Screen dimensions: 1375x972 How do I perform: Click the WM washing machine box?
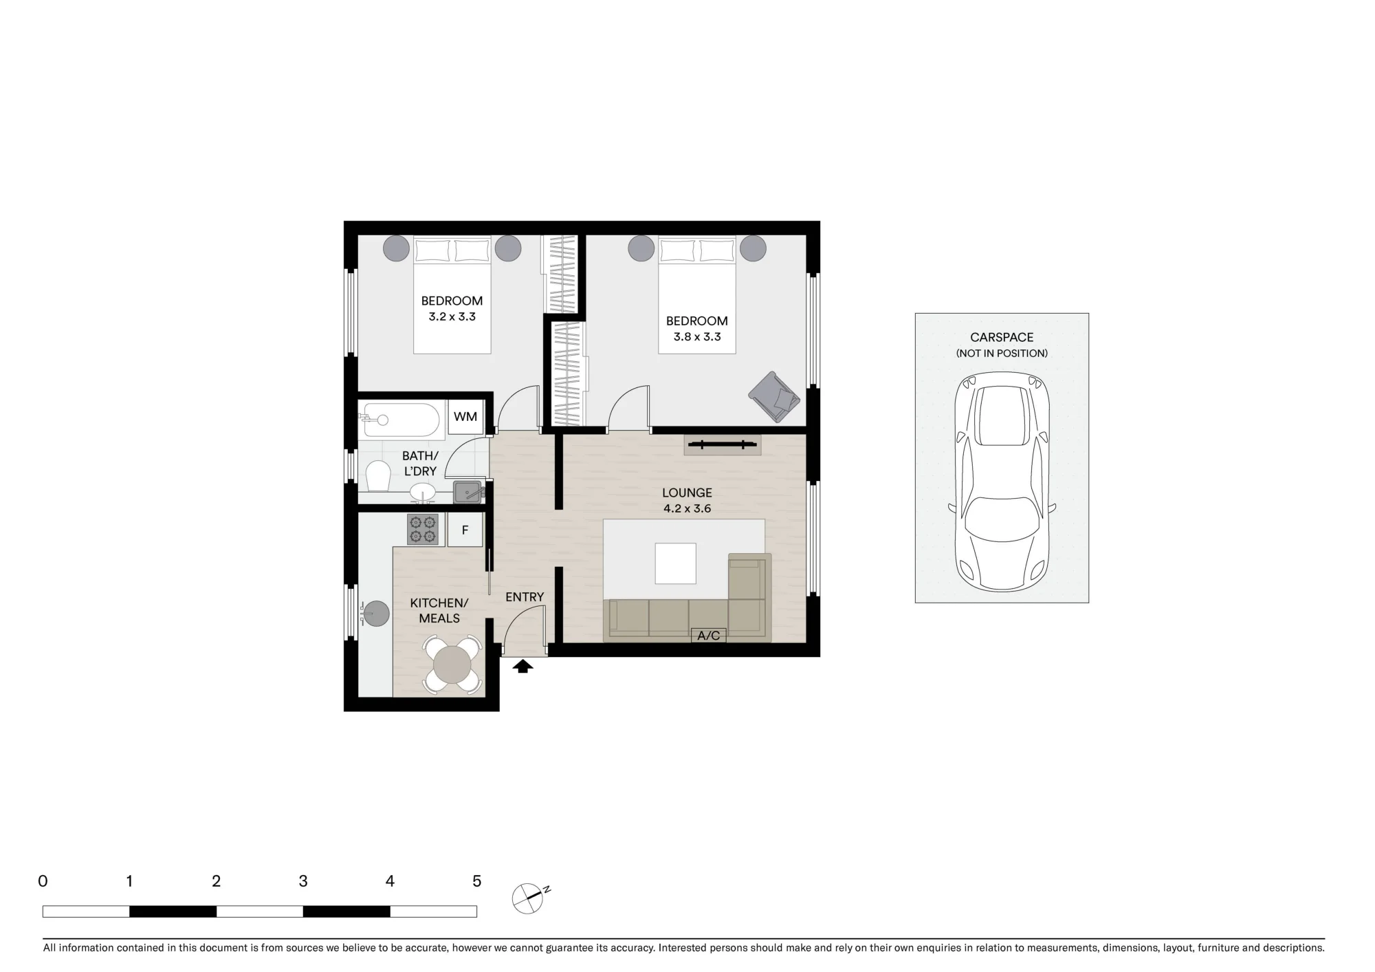[465, 417]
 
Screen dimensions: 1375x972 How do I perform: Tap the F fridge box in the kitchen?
[465, 530]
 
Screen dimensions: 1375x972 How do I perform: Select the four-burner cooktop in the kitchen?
[422, 529]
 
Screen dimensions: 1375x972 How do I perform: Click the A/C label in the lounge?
[708, 636]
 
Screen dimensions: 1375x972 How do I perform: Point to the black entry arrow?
[522, 665]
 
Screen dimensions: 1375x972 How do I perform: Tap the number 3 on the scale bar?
[303, 881]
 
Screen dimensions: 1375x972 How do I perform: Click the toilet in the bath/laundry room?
[377, 475]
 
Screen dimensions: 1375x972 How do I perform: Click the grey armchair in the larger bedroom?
[774, 397]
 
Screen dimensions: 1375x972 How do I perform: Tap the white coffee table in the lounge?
[675, 563]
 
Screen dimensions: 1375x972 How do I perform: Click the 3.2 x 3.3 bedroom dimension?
[452, 317]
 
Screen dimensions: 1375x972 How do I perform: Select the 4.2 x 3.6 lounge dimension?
[687, 509]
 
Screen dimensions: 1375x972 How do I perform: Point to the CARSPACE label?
[1002, 337]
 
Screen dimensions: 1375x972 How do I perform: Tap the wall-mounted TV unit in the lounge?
[723, 445]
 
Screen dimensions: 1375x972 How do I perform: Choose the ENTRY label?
[525, 597]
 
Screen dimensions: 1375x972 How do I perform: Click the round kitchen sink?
[377, 614]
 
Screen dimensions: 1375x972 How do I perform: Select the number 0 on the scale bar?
[43, 881]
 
